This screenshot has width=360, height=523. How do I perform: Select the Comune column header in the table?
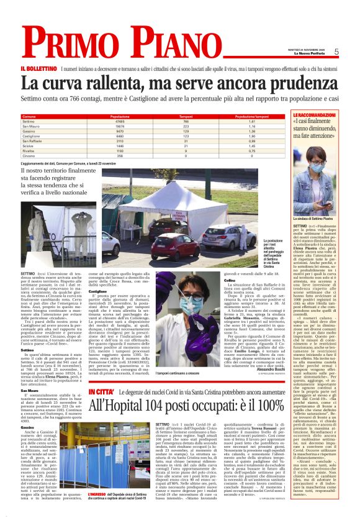click(29, 116)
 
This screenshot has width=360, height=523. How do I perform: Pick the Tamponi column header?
click(186, 116)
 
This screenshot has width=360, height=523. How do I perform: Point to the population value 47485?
click(120, 121)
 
